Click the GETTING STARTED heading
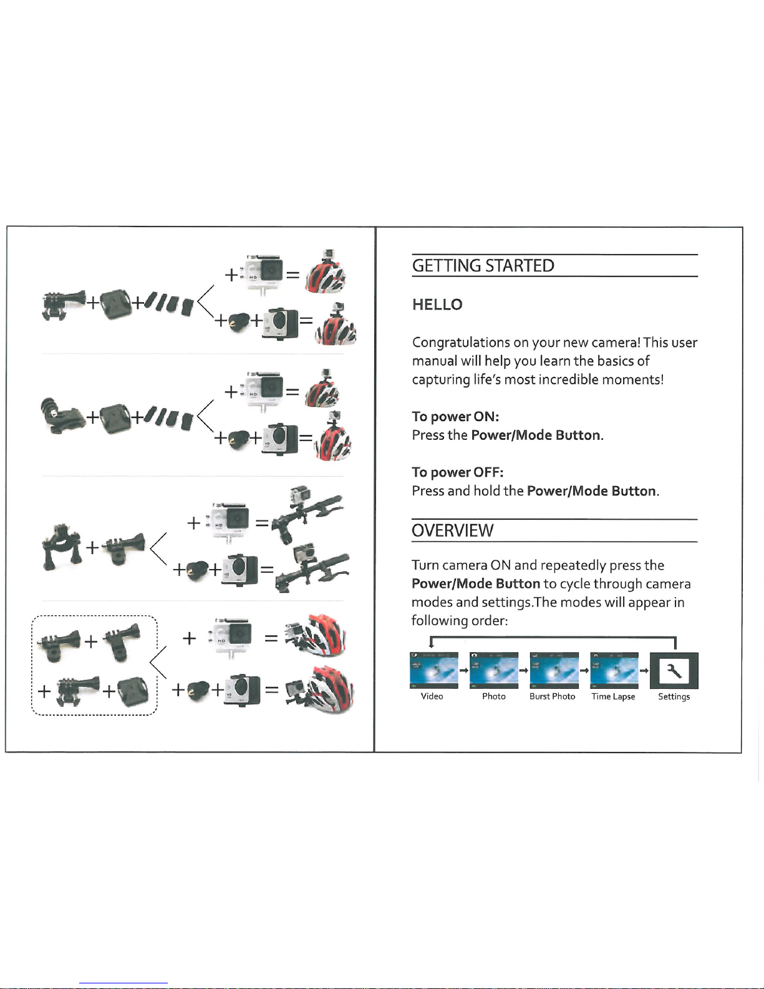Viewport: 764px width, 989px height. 483,266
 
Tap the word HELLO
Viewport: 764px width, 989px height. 437,304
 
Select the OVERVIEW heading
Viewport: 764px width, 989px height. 452,530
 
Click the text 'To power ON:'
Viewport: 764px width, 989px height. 455,416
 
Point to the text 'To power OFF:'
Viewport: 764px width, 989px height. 457,472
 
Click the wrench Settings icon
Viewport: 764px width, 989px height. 674,670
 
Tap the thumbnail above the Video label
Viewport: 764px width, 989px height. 434,670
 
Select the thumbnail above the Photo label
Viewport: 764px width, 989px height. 494,670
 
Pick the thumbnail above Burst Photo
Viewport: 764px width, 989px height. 554,670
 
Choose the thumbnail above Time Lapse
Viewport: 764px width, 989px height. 614,670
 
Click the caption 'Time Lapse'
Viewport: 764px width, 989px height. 613,696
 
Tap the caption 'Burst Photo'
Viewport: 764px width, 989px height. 552,696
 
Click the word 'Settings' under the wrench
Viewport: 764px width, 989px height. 674,696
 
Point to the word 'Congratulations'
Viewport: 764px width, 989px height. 461,343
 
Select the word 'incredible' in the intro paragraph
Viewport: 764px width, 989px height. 568,379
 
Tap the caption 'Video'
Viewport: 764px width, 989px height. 432,696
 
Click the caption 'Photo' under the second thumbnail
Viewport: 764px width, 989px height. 493,696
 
